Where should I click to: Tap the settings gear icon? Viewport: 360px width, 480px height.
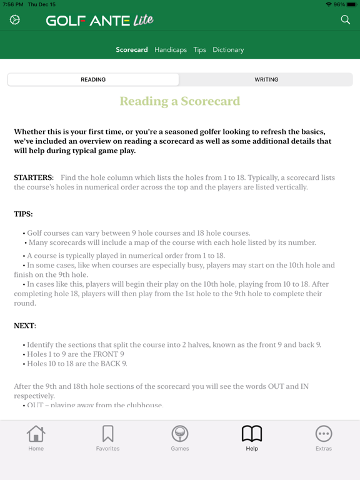15,20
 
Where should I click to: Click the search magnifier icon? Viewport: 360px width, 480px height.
345,20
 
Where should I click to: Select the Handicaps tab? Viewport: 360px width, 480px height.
171,49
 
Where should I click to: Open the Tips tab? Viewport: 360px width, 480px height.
199,49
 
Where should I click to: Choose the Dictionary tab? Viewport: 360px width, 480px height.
228,49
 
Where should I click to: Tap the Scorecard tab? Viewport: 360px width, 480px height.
132,49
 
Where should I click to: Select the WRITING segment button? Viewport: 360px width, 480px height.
266,79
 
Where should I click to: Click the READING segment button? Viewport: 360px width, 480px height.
93,79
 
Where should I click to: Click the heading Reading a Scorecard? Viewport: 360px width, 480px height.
180,101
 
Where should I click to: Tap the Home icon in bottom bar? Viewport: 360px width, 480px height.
36,434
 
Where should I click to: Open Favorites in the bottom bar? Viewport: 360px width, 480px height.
107,434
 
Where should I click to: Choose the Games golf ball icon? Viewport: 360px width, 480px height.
180,434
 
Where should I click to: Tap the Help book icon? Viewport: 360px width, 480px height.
252,434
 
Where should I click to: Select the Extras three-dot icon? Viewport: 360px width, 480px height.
324,434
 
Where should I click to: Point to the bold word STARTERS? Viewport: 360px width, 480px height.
33,178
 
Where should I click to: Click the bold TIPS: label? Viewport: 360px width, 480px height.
24,214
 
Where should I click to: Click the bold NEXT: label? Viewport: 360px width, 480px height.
25,326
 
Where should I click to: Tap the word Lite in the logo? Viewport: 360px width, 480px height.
142,21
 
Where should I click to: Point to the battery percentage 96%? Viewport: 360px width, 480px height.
339,4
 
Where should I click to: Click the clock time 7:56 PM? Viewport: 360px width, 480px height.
12,4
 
